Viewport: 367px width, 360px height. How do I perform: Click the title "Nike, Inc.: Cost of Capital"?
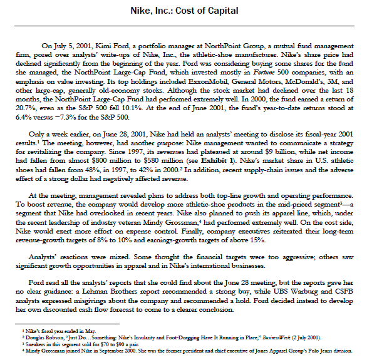pos(183,11)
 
